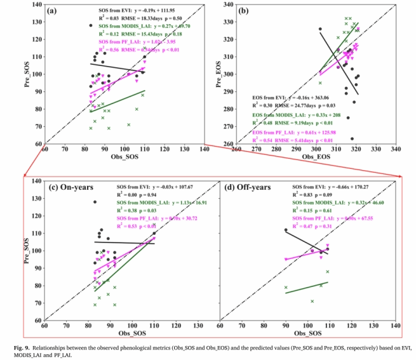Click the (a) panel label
click(53, 11)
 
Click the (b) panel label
click(244, 11)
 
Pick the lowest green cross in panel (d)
click(312, 301)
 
